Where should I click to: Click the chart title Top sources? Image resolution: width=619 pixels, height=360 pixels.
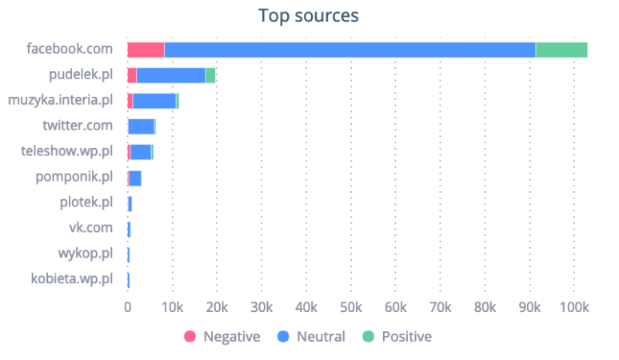309,15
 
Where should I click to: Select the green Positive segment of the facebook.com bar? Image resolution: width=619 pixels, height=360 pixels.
561,50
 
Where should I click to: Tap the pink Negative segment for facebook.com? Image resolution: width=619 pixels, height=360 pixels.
146,50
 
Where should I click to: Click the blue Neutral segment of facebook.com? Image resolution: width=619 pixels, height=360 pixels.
349,50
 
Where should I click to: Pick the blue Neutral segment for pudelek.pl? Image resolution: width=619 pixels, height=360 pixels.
170,75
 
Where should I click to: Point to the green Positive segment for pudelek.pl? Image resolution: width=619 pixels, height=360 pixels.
210,75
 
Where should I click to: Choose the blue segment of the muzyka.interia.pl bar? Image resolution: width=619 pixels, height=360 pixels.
154,101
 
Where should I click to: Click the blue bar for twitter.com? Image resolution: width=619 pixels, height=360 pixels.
141,126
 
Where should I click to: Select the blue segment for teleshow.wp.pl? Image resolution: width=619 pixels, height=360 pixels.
140,152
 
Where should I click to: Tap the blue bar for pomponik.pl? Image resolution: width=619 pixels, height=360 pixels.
134,178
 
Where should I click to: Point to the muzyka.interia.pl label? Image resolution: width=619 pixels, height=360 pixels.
60,101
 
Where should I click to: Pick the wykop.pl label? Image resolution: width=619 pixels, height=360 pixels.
86,254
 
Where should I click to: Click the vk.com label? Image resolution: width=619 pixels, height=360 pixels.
90,229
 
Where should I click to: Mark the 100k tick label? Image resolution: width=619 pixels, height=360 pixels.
574,308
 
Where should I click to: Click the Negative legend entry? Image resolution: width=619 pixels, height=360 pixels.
223,337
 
